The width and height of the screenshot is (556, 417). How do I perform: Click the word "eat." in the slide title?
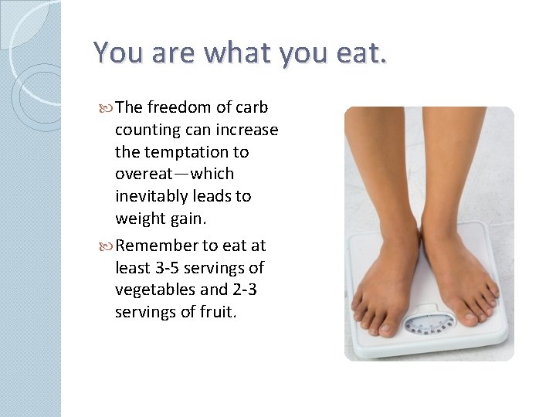coord(361,53)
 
